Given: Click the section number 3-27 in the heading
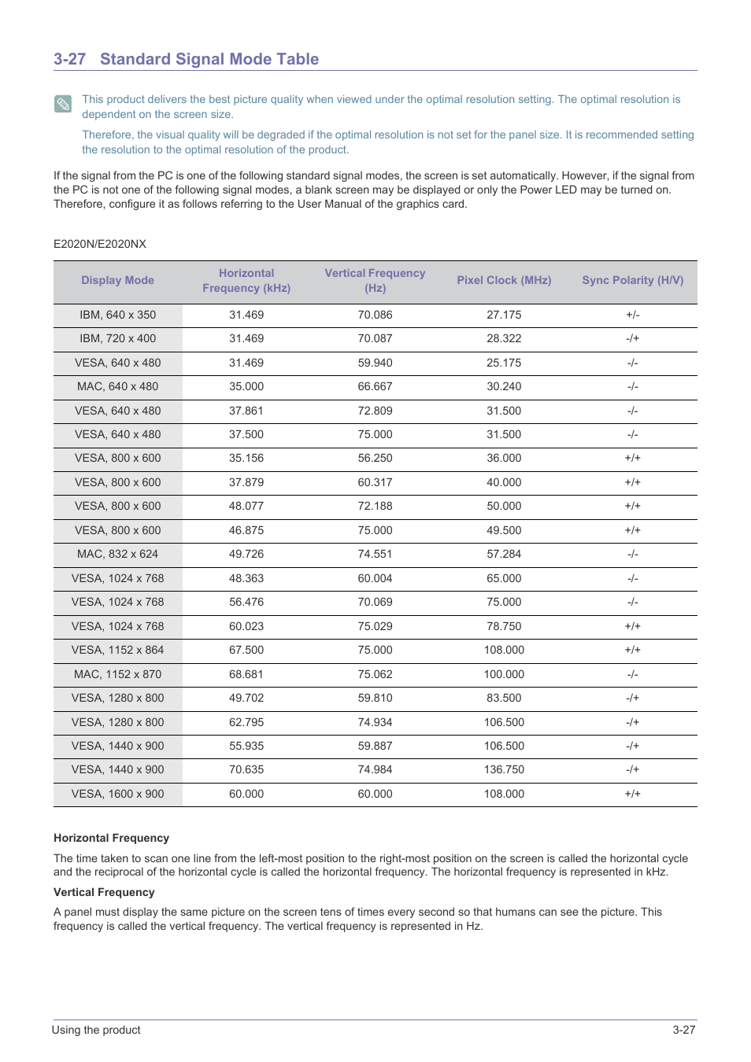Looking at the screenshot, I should [x=69, y=59].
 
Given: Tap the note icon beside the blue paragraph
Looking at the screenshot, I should [x=63, y=104].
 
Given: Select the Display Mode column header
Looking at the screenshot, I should [x=117, y=280].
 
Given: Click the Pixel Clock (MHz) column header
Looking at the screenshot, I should [x=504, y=280].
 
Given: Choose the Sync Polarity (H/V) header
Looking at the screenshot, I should [x=632, y=280].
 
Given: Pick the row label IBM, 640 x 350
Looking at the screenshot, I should [x=117, y=315].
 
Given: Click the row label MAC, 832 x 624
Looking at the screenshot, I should [x=117, y=554].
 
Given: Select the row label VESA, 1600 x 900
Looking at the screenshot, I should [x=117, y=794].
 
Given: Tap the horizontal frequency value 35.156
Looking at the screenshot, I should [x=246, y=458].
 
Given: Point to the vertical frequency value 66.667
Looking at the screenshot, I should [x=375, y=386].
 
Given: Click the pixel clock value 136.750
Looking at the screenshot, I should [x=504, y=769].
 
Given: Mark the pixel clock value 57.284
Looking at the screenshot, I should [x=504, y=554].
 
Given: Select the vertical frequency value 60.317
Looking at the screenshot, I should [x=375, y=482].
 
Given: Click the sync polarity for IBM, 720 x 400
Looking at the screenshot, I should [x=632, y=338].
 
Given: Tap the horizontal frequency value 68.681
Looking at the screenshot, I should [x=246, y=674].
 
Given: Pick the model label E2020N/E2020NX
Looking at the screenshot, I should [x=100, y=244].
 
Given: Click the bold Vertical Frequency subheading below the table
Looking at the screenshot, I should [x=104, y=892].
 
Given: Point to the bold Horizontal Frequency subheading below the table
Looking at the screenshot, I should [x=111, y=838].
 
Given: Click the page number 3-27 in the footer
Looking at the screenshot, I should [x=683, y=1030].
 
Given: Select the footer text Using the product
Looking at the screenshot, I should [x=96, y=1030].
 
